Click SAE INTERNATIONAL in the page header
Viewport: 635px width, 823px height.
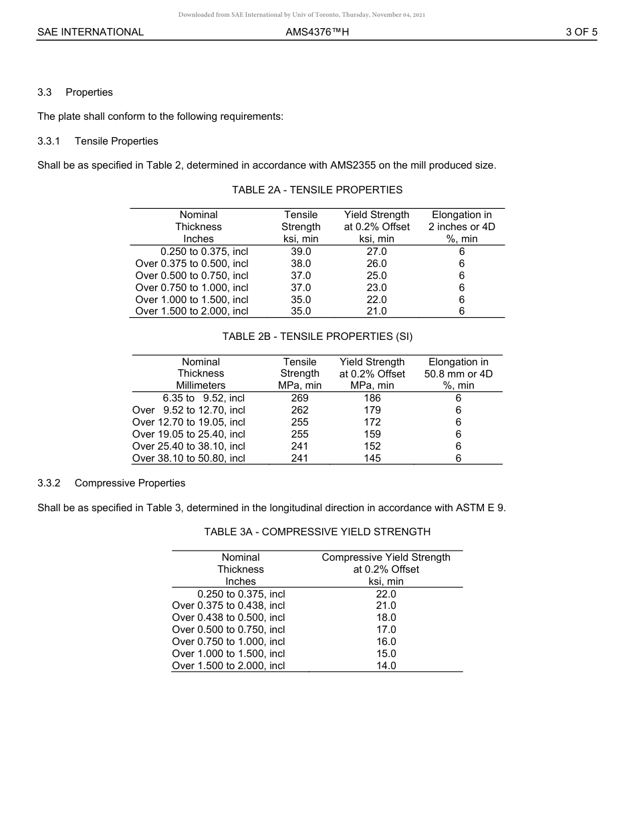click(90, 32)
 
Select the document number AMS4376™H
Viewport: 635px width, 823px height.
click(317, 32)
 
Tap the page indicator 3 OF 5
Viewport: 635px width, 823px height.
click(581, 32)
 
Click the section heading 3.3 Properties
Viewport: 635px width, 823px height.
click(75, 92)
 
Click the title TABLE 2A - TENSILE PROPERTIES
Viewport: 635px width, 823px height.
click(317, 190)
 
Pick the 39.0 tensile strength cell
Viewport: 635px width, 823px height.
click(301, 252)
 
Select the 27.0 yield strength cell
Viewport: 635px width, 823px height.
click(376, 252)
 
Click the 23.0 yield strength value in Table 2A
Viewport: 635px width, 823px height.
click(376, 288)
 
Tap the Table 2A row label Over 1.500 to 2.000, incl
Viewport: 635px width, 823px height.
click(192, 311)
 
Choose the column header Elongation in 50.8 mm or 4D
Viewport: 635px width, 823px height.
click(458, 373)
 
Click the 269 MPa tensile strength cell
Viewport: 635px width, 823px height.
click(299, 398)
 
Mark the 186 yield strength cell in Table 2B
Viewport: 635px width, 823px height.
click(372, 398)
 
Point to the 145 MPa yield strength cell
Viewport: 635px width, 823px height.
click(372, 458)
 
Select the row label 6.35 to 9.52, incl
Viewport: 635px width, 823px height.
click(203, 398)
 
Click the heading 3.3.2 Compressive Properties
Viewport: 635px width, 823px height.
click(111, 483)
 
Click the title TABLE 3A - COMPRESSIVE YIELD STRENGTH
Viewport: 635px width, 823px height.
click(317, 532)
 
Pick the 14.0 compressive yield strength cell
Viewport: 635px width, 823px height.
click(386, 666)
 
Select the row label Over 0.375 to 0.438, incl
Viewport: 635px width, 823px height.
click(229, 606)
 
